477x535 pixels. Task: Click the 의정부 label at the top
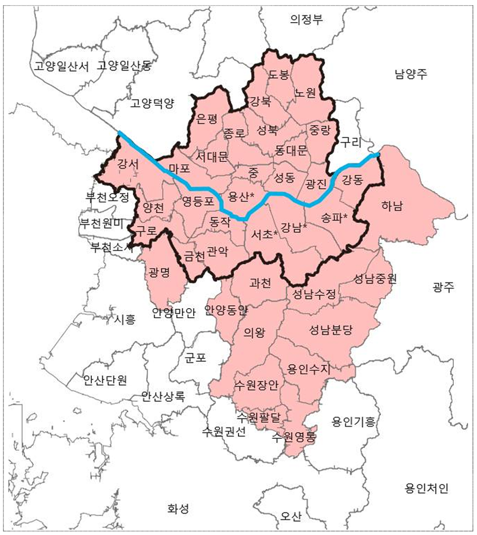pos(306,20)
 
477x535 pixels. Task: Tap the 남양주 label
pos(411,74)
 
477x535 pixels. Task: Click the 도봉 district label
pos(278,75)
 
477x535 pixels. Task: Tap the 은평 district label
pos(206,119)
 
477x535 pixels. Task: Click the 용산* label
pos(238,196)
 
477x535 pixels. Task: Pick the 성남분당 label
pos(332,329)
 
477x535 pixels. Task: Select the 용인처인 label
pos(426,488)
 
